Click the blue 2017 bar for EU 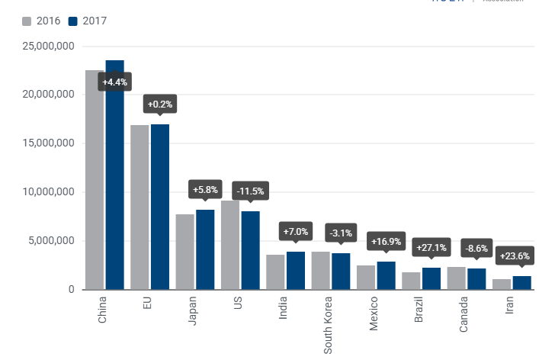160,207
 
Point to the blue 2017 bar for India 296,270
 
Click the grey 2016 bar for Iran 502,284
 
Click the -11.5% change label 251,191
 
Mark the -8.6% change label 476,248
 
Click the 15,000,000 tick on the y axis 47,143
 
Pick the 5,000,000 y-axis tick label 50,241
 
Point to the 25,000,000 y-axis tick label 47,47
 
